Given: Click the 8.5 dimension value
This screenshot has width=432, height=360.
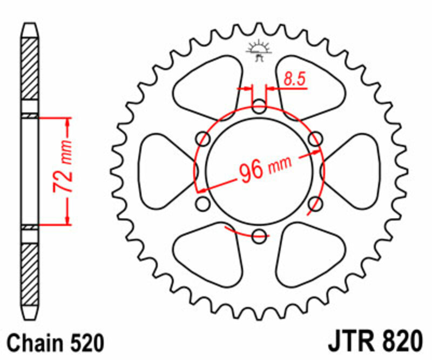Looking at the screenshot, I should click(x=295, y=79).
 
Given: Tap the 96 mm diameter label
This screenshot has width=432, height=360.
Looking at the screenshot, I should click(x=264, y=170).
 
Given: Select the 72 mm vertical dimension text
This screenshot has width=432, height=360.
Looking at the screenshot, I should click(x=62, y=169).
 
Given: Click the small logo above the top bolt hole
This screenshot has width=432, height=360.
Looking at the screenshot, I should click(x=259, y=50).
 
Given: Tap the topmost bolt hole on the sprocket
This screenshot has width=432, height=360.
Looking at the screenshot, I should click(x=259, y=105).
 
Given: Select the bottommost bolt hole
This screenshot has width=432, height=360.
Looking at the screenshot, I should click(x=259, y=235).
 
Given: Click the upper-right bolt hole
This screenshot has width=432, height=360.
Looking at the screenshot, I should click(x=315, y=138).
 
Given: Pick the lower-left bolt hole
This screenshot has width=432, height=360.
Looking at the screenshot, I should click(x=203, y=203).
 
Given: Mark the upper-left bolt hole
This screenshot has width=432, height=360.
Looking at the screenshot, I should click(x=204, y=138).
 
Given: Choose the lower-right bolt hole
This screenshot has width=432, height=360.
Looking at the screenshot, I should click(x=315, y=203).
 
